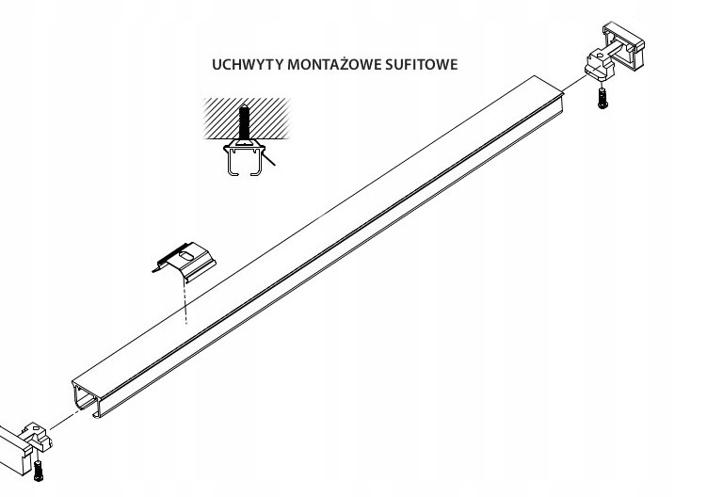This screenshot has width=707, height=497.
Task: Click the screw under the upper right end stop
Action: coord(603,99)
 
